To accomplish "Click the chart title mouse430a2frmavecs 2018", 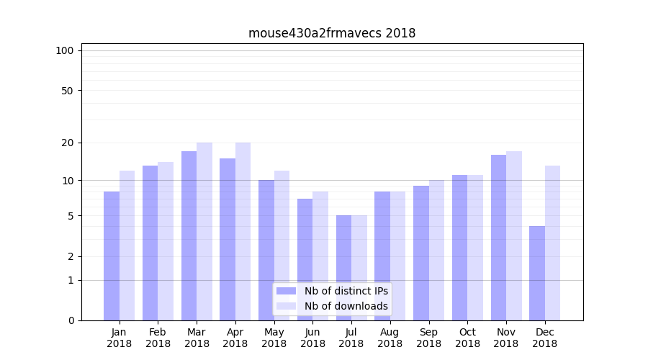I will (x=332, y=33).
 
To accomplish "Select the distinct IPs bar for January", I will (x=112, y=256).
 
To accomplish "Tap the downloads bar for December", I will (x=552, y=243).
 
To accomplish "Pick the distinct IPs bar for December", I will (x=537, y=273).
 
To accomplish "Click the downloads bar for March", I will (x=204, y=231).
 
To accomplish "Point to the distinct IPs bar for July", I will (x=343, y=268).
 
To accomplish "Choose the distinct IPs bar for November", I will (x=498, y=238).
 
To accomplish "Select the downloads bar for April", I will (x=243, y=231).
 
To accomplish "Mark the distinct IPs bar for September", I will (x=421, y=253).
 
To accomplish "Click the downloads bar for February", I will (x=166, y=241).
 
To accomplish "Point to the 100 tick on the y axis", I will (x=65, y=50).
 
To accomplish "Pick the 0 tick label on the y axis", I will (x=71, y=320).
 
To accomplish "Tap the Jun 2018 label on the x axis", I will (x=312, y=338).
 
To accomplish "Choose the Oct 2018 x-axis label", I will (x=467, y=338).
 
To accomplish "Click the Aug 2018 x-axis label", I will (x=390, y=338).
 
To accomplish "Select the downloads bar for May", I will (x=282, y=246).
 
